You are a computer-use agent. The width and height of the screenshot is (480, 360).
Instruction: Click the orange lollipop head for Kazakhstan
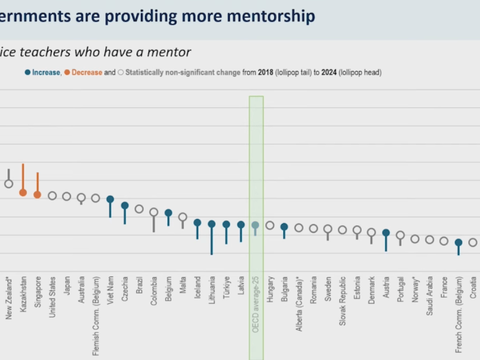coord(23,192)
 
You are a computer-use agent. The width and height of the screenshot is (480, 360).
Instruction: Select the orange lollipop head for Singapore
coord(38,194)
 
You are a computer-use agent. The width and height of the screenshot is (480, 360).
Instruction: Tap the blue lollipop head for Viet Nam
coord(110,199)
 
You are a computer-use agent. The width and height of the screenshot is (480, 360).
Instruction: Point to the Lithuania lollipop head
coord(212,224)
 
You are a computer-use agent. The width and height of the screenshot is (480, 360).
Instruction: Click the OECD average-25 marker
coord(255,224)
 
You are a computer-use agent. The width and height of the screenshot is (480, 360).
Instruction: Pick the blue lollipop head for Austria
coord(386,233)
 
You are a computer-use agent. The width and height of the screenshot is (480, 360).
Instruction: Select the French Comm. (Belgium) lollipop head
coord(458,242)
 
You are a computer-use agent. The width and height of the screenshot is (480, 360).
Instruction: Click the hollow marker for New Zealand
coord(8,183)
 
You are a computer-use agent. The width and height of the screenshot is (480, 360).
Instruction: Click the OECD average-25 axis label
coord(256,305)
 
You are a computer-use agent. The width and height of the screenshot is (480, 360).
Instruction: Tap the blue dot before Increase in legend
coord(28,72)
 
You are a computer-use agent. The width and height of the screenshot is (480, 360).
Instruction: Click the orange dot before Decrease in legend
coord(68,72)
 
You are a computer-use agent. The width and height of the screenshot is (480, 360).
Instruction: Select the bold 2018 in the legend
coord(265,72)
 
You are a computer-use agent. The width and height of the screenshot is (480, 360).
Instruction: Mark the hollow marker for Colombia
coord(154,212)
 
